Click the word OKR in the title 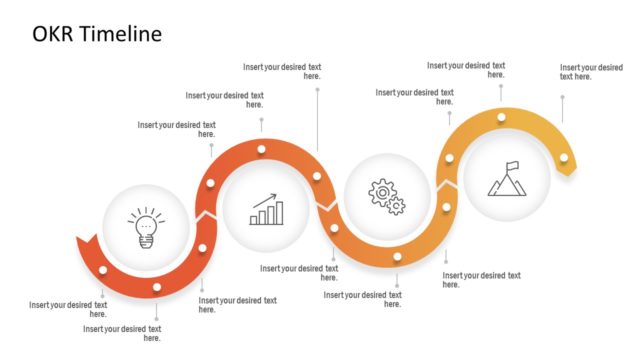pyautogui.click(x=51, y=34)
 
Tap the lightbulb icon pyautogui.click(x=147, y=226)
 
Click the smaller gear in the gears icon pyautogui.click(x=396, y=206)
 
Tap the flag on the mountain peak pyautogui.click(x=512, y=166)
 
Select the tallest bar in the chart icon pyautogui.click(x=279, y=213)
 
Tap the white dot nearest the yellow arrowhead pyautogui.click(x=564, y=158)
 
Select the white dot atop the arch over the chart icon pyautogui.click(x=260, y=150)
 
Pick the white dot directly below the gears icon pyautogui.click(x=397, y=257)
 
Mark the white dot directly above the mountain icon pyautogui.click(x=502, y=118)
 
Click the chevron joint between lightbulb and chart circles pyautogui.click(x=207, y=214)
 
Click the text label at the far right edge pyautogui.click(x=590, y=72)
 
